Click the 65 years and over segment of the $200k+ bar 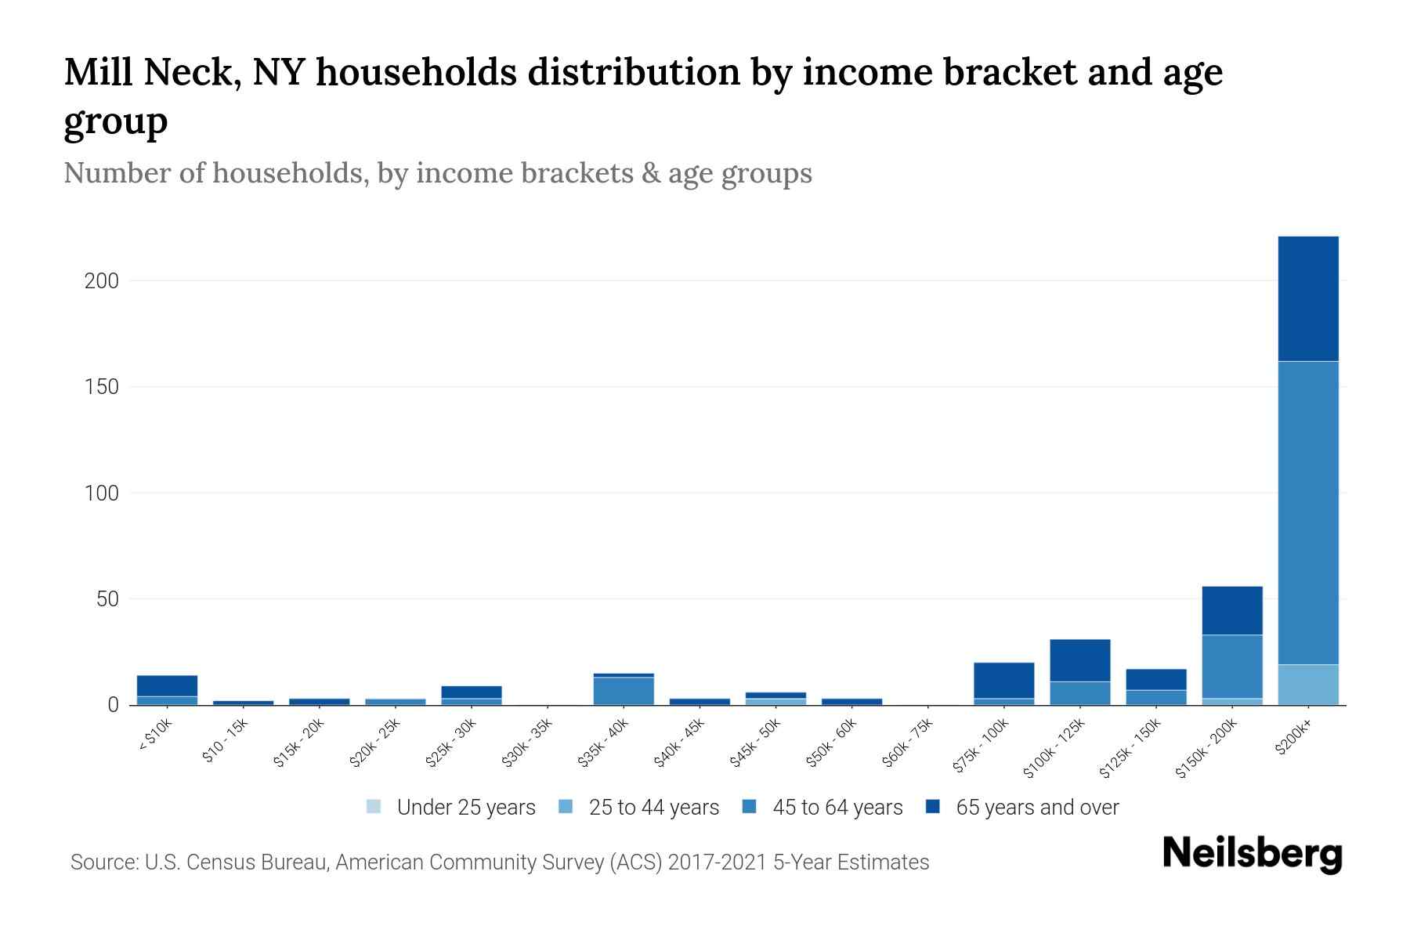coord(1307,298)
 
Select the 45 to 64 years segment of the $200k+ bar coord(1307,513)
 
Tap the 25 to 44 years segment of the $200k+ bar coord(1307,685)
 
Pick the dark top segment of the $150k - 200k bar coord(1231,610)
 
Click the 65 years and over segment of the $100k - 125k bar coord(1079,660)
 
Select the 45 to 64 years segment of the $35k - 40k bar coord(623,690)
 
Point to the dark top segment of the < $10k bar coord(167,685)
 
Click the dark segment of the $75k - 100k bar coord(1003,680)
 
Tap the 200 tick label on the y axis coord(101,280)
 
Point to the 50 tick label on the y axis coord(107,599)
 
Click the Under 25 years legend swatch coord(374,807)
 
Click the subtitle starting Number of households coord(437,173)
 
